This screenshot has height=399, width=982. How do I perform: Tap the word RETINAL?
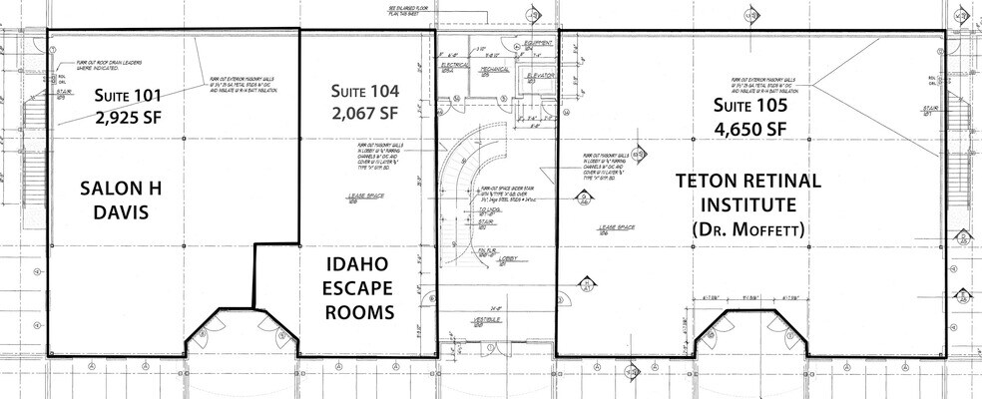tap(779, 182)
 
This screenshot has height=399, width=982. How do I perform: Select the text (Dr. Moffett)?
tap(747, 230)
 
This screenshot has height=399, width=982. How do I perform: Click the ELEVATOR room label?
tap(538, 75)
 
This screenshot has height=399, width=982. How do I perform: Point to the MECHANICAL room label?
tap(492, 71)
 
